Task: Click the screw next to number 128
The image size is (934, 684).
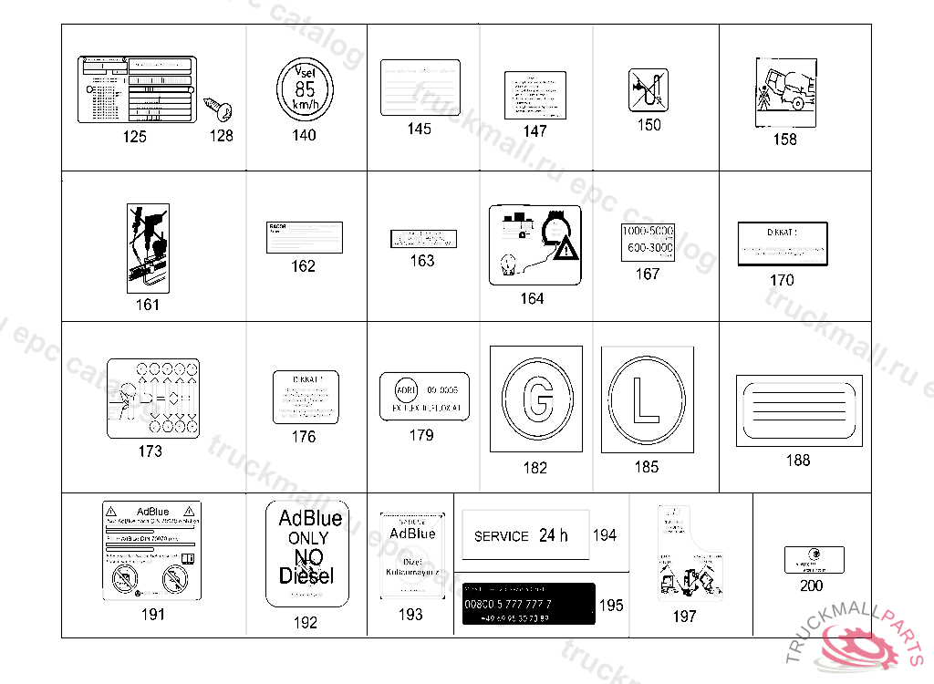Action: click(221, 111)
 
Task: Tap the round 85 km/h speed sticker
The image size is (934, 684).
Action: click(304, 89)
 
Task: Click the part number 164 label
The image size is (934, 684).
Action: click(532, 299)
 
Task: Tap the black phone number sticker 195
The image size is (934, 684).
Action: click(528, 604)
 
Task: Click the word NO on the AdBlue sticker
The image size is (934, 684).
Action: click(309, 557)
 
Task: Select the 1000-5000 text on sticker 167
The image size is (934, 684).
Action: click(648, 233)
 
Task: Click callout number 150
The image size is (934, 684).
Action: click(649, 125)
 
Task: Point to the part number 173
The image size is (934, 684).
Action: click(150, 451)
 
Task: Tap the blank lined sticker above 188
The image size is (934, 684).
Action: click(798, 411)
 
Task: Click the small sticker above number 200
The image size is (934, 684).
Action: click(814, 559)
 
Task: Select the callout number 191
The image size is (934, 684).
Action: click(153, 614)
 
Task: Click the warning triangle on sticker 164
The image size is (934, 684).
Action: click(567, 246)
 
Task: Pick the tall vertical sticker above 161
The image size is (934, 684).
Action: click(147, 246)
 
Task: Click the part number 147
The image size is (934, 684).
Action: click(535, 131)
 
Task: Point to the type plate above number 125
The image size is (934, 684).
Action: click(136, 89)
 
